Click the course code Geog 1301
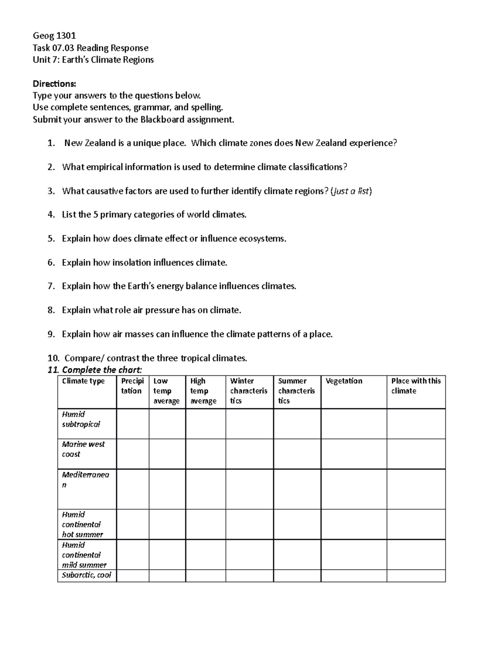coord(54,36)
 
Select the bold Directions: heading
coord(54,84)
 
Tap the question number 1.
coord(51,143)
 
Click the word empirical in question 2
coord(104,167)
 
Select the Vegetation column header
coord(344,381)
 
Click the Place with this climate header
coord(416,386)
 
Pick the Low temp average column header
coord(166,391)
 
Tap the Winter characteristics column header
coord(249,391)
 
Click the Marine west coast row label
coord(83,449)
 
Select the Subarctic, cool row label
coord(86,575)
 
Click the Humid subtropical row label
coord(81,419)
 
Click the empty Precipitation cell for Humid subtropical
coord(132,424)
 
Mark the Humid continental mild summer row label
coord(84,555)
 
